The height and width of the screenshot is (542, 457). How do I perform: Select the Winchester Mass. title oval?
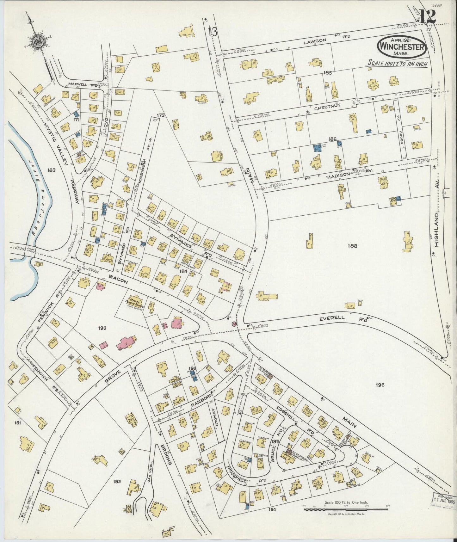tap(402, 46)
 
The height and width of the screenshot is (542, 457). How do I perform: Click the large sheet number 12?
tap(428, 16)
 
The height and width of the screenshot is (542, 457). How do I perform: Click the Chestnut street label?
tap(327, 108)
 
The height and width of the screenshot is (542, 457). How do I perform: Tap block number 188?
tap(352, 245)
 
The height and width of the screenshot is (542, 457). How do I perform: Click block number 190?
tap(102, 328)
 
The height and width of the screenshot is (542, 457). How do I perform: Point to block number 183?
tap(52, 170)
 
